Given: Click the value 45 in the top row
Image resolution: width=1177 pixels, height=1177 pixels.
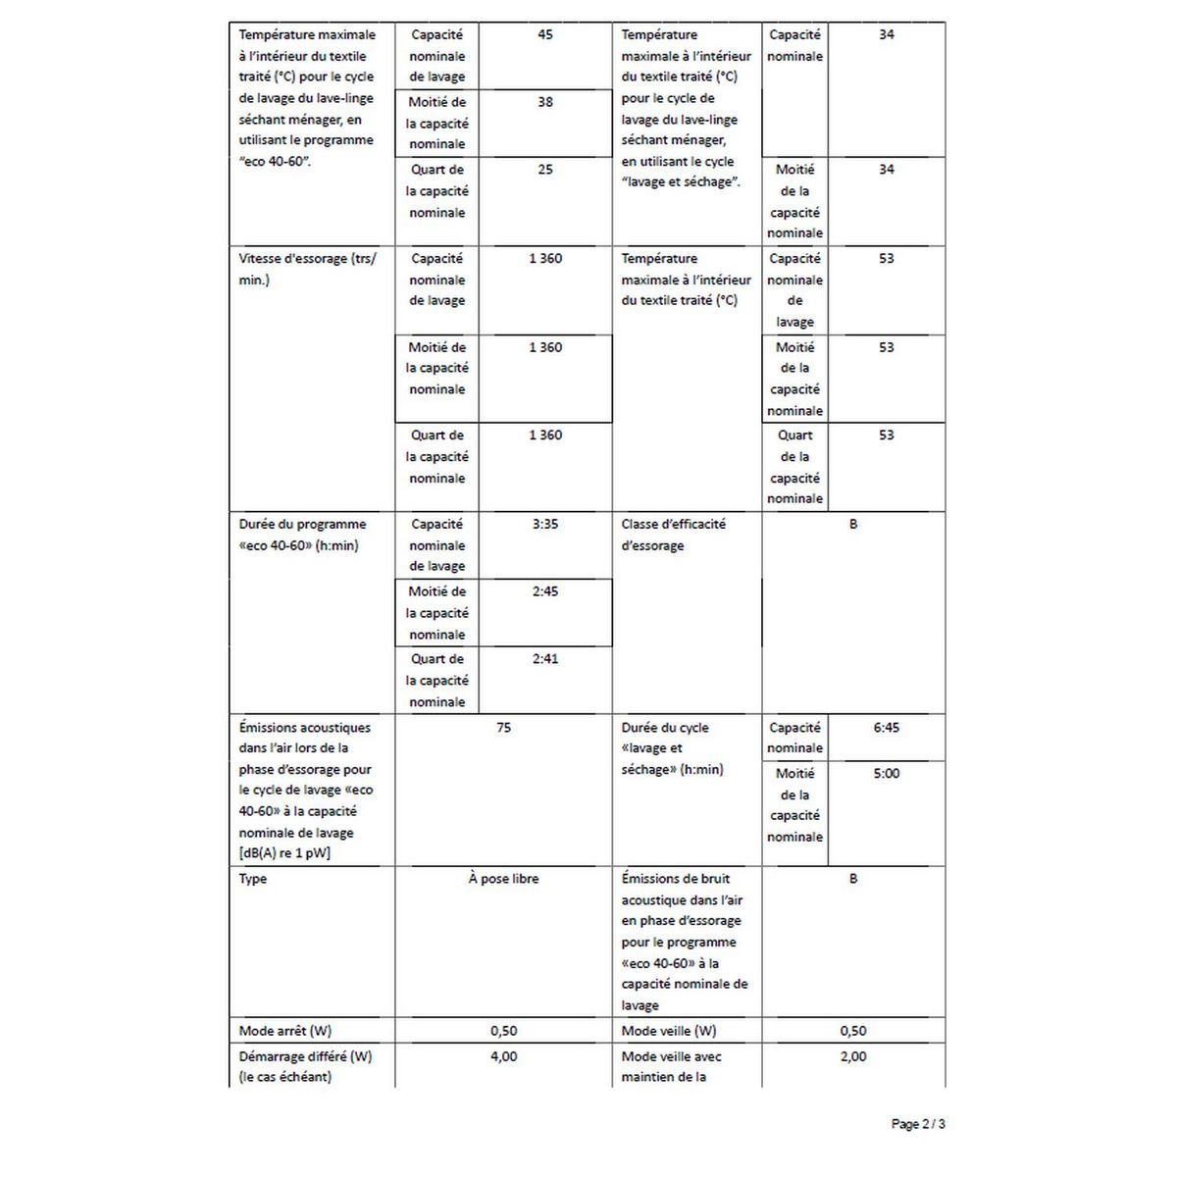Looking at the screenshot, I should (545, 34).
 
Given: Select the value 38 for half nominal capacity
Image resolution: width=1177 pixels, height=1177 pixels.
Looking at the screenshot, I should (545, 102).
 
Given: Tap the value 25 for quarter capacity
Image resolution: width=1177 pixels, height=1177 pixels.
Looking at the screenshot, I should (545, 170).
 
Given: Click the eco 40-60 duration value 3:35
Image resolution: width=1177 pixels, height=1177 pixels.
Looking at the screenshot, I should (545, 525).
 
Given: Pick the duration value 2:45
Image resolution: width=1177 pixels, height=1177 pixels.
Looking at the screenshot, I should (545, 591).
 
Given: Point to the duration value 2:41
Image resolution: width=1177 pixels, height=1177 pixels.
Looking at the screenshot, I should (545, 659).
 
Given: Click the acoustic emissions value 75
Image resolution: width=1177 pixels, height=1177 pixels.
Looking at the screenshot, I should (503, 728).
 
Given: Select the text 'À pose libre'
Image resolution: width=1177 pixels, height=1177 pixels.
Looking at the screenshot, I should (503, 879).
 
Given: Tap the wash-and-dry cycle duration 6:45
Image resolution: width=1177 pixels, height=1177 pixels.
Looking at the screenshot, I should (886, 728).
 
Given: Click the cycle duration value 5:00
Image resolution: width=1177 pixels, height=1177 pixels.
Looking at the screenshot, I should (886, 774).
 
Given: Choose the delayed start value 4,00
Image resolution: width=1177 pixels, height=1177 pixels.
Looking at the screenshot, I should (503, 1056).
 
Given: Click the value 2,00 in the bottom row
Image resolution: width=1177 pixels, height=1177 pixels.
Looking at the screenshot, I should (853, 1056).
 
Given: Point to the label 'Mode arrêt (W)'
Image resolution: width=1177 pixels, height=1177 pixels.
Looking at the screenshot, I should (285, 1031).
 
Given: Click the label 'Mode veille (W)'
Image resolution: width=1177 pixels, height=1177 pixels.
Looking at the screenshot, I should (669, 1031).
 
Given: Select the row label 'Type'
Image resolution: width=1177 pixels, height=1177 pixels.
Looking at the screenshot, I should (253, 879).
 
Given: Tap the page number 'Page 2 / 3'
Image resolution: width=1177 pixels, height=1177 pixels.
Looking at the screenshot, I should (918, 1124).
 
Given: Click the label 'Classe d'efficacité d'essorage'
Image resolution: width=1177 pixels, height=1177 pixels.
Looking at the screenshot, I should (674, 535).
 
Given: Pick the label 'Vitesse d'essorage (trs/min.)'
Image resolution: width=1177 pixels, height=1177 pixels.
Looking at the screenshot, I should (307, 269).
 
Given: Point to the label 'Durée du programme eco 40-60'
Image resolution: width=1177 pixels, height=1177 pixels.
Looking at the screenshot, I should (302, 535).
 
